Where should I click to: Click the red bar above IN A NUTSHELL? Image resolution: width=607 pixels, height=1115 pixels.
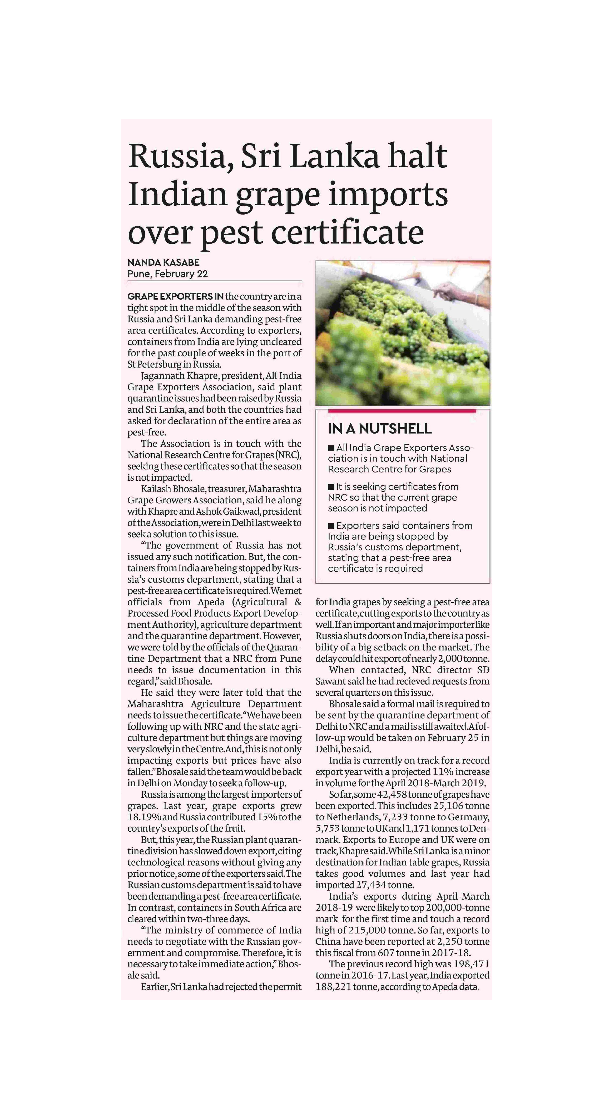pyautogui.click(x=402, y=411)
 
